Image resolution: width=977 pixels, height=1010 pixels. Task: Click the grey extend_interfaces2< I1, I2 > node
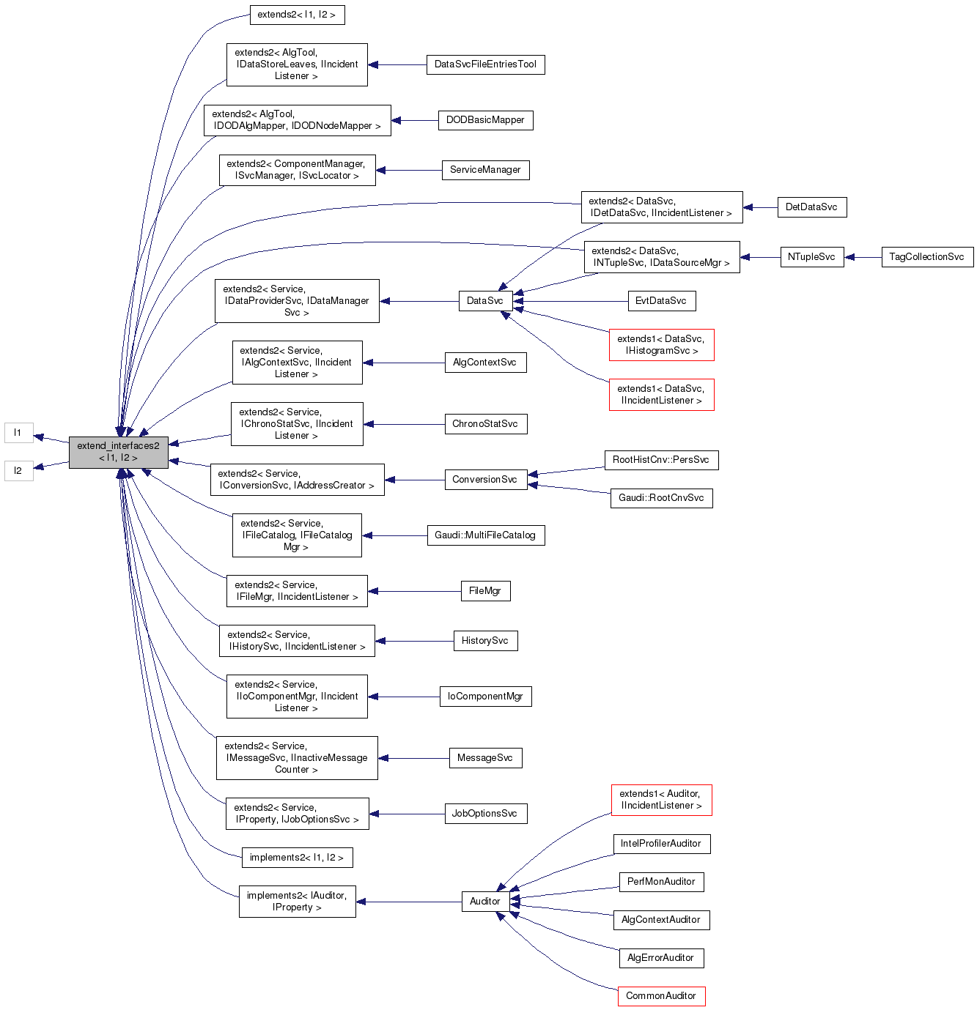click(118, 452)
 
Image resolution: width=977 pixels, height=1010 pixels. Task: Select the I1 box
click(18, 433)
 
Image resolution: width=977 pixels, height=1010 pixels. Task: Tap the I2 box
click(18, 471)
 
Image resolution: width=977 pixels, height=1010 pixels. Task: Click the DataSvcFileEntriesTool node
click(485, 64)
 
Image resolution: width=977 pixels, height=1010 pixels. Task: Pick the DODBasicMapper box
click(485, 120)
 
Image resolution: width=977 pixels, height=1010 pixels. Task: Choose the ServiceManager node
click(485, 170)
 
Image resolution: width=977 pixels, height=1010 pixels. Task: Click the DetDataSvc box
click(811, 207)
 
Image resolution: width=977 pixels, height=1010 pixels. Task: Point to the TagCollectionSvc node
click(926, 257)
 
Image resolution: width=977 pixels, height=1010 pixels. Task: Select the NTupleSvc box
click(811, 257)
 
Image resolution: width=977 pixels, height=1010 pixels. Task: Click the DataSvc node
click(485, 301)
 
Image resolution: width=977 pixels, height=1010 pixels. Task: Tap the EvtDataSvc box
click(661, 301)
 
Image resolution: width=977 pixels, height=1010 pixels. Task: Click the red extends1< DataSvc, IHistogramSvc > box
click(661, 345)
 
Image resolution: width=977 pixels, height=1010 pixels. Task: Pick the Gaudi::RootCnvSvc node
click(661, 498)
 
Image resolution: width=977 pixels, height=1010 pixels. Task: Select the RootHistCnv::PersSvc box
click(661, 460)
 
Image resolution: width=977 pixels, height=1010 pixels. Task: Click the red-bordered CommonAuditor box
click(661, 996)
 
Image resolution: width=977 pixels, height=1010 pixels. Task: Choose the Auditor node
click(485, 902)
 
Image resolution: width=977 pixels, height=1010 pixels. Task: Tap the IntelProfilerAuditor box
click(661, 844)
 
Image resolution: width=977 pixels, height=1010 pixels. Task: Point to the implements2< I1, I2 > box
click(297, 858)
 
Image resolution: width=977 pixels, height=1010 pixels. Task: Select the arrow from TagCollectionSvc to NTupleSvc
click(863, 257)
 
